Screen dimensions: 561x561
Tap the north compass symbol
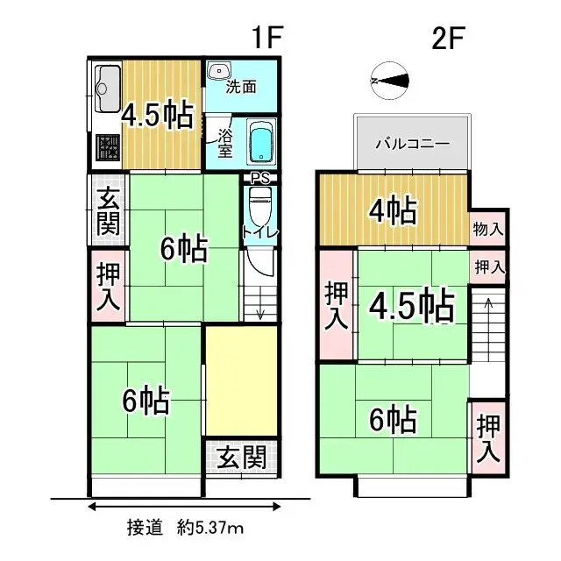coord(390,80)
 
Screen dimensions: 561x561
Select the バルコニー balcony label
coord(412,143)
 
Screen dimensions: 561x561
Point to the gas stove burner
coord(107,149)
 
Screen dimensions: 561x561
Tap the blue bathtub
coord(260,143)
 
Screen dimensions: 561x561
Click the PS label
coord(259,178)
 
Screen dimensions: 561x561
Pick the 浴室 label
coord(224,143)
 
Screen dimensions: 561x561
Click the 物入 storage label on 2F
coord(488,230)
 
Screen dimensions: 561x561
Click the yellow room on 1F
coord(242,381)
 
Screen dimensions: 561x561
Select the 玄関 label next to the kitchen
coord(108,212)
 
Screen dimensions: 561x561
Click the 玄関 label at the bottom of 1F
coord(242,458)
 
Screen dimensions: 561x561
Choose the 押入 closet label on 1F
coord(108,286)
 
